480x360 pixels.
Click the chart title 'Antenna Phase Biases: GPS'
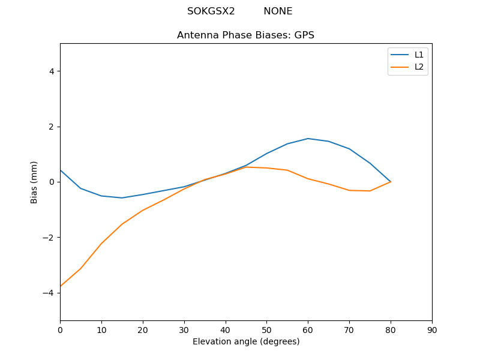point(245,35)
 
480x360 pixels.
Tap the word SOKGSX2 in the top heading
point(211,11)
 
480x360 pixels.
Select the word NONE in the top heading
point(278,11)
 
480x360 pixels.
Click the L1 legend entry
point(419,55)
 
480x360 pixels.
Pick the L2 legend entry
point(419,67)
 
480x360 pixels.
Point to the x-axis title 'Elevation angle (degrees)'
point(246,342)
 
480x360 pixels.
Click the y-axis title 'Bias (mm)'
point(34,182)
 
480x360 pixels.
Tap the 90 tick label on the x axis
point(432,329)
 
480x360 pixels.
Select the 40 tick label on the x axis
point(225,329)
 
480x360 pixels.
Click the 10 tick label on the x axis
point(101,329)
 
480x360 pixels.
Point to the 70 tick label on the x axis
point(349,329)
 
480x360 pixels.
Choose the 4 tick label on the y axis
point(52,71)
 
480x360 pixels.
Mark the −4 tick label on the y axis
point(49,293)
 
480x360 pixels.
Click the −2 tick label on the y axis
point(49,238)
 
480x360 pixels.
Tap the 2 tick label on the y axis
point(52,127)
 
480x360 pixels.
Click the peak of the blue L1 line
point(308,139)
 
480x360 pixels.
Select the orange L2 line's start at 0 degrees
point(61,286)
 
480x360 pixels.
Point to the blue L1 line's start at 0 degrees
point(61,170)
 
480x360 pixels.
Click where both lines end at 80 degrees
point(391,182)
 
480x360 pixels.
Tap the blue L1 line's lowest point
point(122,198)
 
